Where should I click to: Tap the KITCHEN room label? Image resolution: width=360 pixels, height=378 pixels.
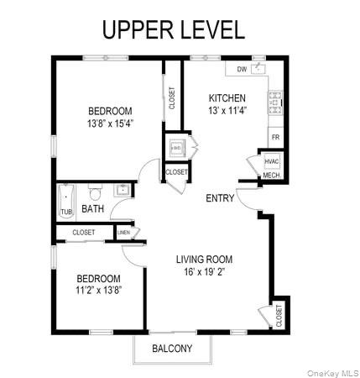[227, 97]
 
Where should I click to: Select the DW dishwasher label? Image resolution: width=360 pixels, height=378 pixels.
[242, 69]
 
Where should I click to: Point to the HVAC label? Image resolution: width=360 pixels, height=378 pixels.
[271, 161]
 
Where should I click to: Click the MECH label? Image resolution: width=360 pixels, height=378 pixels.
[270, 176]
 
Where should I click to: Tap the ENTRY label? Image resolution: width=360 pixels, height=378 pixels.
[221, 198]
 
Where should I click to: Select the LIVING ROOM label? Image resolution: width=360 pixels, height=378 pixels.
[204, 260]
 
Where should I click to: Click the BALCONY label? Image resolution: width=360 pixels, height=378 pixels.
[172, 349]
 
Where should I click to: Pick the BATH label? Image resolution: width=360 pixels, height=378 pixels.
[92, 209]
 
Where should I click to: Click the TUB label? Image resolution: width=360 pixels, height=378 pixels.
[66, 212]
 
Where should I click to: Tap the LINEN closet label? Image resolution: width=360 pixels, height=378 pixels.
[123, 233]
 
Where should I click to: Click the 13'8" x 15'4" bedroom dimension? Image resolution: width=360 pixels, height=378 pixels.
[111, 123]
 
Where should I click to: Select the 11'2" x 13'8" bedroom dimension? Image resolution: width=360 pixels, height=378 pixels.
[98, 291]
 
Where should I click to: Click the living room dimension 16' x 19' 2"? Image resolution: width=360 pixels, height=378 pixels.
[204, 272]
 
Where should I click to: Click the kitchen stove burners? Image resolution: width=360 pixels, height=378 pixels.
[274, 103]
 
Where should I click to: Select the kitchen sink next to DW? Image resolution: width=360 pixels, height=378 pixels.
[259, 67]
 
